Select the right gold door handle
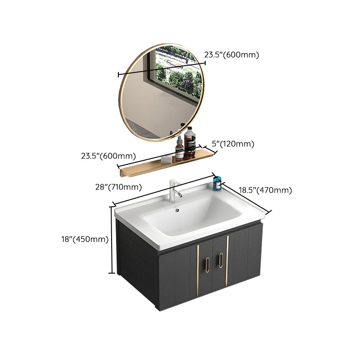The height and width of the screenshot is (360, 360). click(x=220, y=261)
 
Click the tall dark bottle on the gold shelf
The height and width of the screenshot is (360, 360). click(x=190, y=143)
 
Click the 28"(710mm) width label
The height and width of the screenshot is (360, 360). click(x=123, y=187)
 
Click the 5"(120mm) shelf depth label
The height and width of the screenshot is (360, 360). click(x=234, y=144)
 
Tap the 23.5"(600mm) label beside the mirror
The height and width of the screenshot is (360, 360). click(x=232, y=55)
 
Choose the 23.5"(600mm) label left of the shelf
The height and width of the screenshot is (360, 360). click(x=108, y=156)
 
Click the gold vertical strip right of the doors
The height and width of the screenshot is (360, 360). click(x=227, y=260)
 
